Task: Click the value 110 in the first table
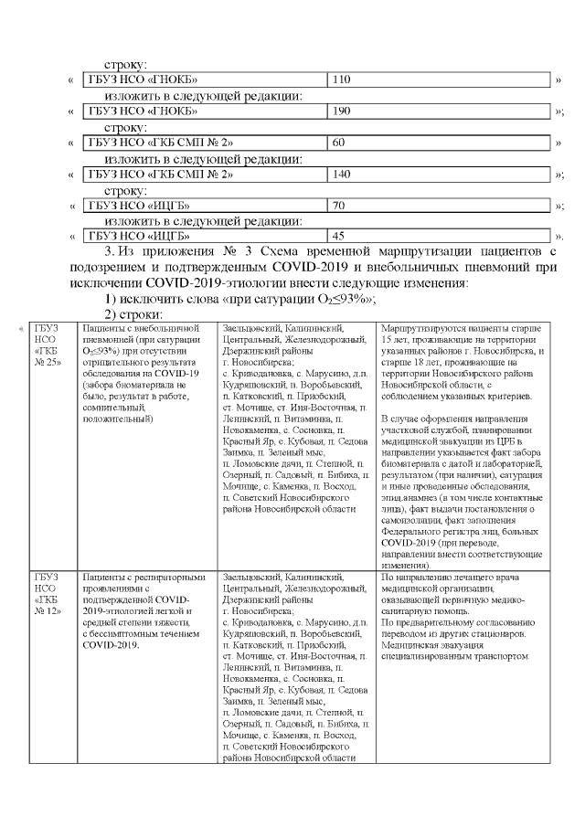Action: point(343,80)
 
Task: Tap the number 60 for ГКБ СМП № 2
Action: point(339,143)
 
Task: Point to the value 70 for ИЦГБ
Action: point(339,205)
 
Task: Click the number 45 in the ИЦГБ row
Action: point(339,236)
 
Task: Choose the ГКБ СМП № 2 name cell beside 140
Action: point(161,174)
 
